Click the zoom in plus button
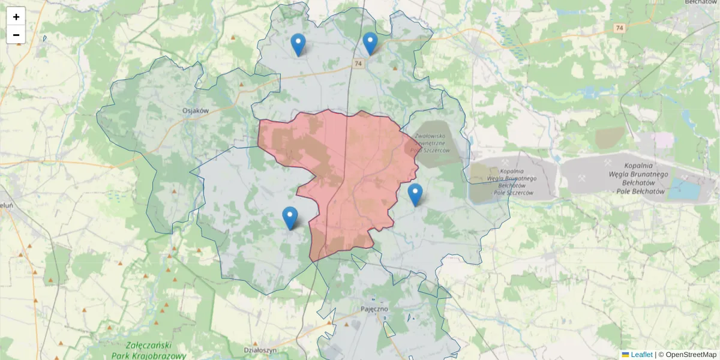(16, 17)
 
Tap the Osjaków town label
(196, 110)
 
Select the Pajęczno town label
(374, 308)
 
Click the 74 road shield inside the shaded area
(358, 64)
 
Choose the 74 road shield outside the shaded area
(619, 28)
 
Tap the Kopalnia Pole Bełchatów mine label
(637, 178)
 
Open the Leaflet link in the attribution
(641, 355)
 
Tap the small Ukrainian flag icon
(625, 355)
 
